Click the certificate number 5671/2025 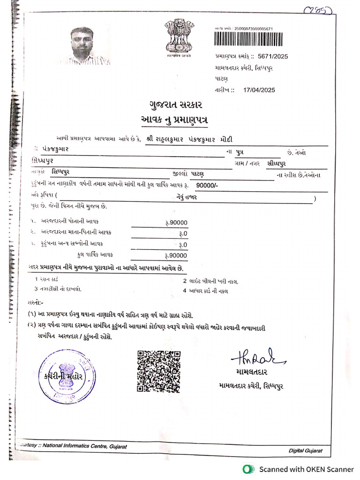point(273,57)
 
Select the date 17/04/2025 point(260,90)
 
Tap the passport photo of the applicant point(83,46)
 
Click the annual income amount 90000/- point(207,185)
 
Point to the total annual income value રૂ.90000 point(176,255)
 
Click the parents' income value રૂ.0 point(183,233)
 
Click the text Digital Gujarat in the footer point(305,450)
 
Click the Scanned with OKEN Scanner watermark point(307,469)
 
